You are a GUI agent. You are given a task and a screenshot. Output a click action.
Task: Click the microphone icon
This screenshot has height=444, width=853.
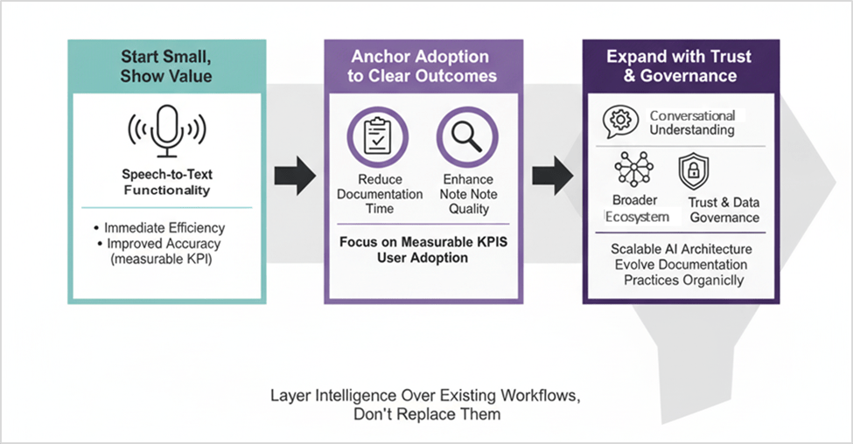point(165,129)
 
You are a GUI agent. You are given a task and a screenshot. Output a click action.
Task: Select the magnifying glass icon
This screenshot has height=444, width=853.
point(467,137)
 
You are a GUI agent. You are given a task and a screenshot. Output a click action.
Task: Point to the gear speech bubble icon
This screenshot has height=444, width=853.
point(620,123)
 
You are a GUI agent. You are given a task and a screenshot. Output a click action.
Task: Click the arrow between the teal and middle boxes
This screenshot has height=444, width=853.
point(294,176)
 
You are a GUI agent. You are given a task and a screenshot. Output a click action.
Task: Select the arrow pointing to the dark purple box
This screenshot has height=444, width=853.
point(552,176)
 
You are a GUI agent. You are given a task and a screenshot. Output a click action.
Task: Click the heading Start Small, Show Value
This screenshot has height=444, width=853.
point(165,66)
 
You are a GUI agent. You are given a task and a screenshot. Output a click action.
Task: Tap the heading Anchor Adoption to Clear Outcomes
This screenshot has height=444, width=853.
point(423,66)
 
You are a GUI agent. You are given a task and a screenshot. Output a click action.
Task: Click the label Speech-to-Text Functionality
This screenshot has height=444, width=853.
point(165,182)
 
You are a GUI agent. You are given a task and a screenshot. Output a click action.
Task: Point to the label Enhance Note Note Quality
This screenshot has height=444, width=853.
point(468,194)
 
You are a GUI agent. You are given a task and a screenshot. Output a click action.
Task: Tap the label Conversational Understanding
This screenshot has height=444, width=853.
point(692,123)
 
